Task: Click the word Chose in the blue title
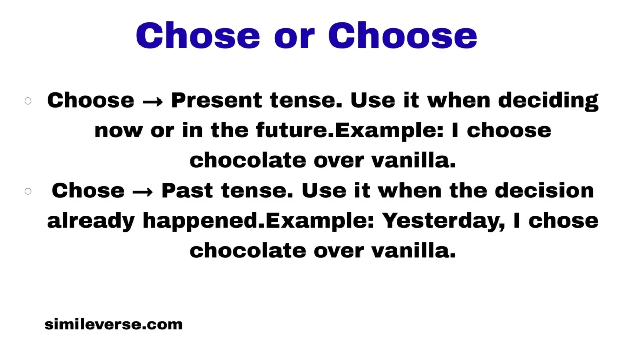(x=198, y=35)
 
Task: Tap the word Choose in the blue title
(x=403, y=35)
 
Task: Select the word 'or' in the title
(x=294, y=37)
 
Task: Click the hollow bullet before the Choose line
(x=28, y=101)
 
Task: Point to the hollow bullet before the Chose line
(x=28, y=191)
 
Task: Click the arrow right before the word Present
(x=152, y=101)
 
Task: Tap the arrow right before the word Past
(x=143, y=191)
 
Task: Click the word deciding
(x=548, y=101)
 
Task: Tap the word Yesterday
(x=439, y=221)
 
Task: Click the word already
(x=91, y=221)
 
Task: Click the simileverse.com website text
(x=113, y=324)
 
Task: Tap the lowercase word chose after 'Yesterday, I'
(x=564, y=221)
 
